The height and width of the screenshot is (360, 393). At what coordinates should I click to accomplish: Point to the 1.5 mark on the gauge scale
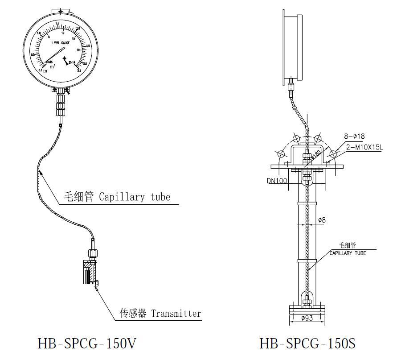[x=57, y=23]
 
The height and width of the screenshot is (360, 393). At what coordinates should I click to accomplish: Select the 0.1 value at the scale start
[x=41, y=70]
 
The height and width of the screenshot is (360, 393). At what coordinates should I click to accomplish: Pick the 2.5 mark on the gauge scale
[x=88, y=46]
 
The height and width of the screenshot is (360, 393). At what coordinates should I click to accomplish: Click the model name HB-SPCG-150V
[x=87, y=343]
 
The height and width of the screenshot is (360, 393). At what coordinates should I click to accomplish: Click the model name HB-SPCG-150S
[x=307, y=343]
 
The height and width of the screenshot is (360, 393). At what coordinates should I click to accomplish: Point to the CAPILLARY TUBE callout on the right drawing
[x=348, y=253]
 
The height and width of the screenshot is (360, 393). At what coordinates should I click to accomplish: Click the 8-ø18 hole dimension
[x=354, y=136]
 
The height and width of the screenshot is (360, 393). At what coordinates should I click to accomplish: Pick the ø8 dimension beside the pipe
[x=321, y=219]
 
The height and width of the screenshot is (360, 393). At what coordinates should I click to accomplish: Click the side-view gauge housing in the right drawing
[x=290, y=47]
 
